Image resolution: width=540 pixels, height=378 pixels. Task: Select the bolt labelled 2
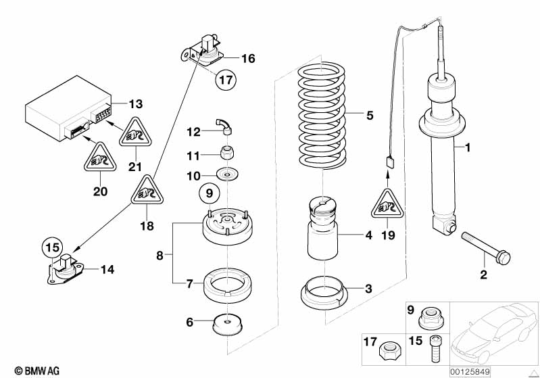pyautogui.click(x=485, y=247)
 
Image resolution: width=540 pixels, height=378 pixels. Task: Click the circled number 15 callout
pyautogui.click(x=53, y=246)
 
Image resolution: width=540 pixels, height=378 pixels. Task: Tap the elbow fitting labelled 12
pyautogui.click(x=224, y=122)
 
